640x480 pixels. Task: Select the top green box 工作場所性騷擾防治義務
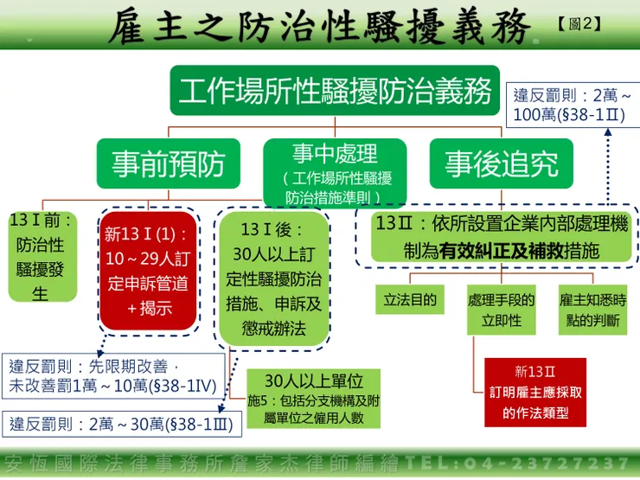point(336,90)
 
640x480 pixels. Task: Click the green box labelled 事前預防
point(168,163)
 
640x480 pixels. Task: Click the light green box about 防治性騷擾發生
point(41,257)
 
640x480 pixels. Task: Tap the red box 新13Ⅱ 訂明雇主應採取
point(534,391)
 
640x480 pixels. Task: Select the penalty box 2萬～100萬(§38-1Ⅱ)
point(572,105)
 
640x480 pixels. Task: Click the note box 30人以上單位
point(312,400)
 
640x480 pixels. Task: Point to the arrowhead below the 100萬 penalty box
point(608,133)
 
